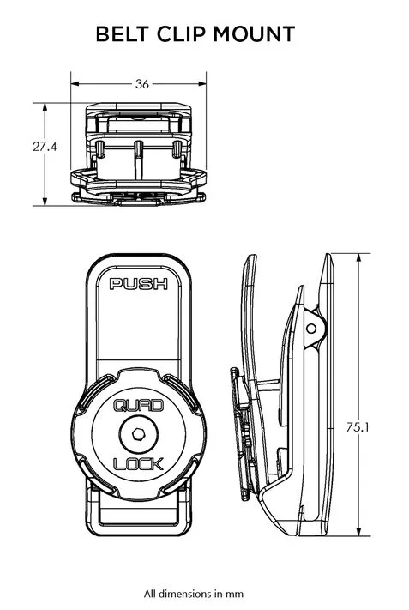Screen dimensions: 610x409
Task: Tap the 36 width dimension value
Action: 141,84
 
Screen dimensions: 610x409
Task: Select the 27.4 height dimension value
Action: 45,147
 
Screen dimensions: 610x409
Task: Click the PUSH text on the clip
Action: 139,284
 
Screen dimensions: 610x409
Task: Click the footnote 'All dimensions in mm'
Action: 204,593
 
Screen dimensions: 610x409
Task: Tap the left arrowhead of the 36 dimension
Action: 75,84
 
